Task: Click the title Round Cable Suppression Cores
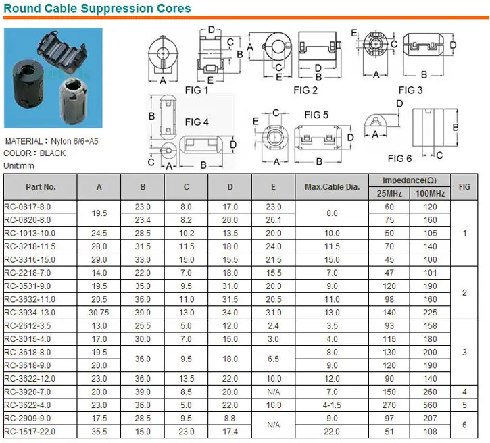[x=97, y=9]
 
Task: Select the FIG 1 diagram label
[x=197, y=90]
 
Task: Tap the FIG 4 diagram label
[x=197, y=122]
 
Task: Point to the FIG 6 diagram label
[x=399, y=158]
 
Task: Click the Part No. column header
[x=41, y=186]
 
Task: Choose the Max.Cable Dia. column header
[x=333, y=186]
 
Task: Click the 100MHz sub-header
[x=430, y=194]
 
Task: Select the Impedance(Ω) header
[x=409, y=180]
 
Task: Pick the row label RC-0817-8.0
[x=28, y=206]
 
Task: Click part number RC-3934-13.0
[x=30, y=312]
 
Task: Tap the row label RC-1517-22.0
[x=30, y=432]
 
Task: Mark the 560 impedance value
[x=430, y=405]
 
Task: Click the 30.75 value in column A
[x=99, y=312]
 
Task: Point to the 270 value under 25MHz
[x=389, y=405]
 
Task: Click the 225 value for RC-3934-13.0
[x=430, y=312]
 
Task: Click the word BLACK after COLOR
[x=53, y=153]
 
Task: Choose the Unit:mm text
[x=20, y=165]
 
